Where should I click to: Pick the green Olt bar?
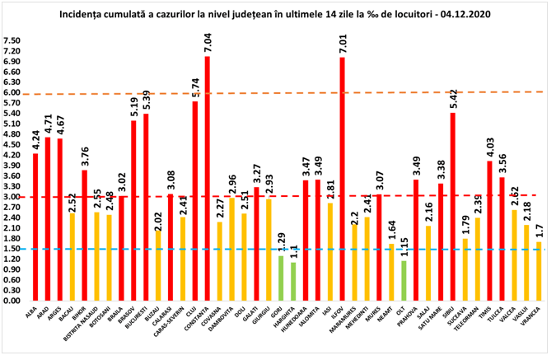click(404, 281)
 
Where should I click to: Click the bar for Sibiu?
click(452, 206)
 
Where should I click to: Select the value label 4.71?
click(48, 124)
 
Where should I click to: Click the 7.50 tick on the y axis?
click(12, 40)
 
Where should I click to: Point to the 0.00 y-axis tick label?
click(12, 301)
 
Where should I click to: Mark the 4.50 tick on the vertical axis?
click(12, 144)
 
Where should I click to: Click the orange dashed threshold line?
click(247, 93)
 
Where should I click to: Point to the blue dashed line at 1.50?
click(247, 249)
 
